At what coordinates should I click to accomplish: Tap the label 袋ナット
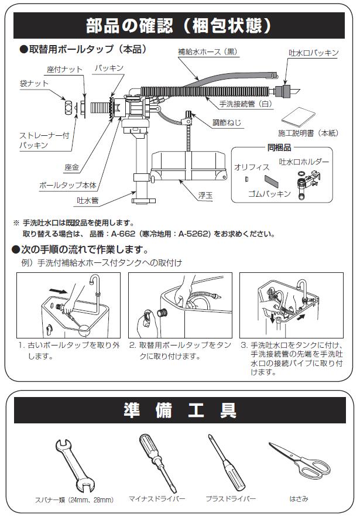[x=34, y=84]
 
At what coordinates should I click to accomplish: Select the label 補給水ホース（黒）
[x=208, y=52]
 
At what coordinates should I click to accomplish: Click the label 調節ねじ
[x=225, y=123]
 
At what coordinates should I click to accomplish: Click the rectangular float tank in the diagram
[x=187, y=166]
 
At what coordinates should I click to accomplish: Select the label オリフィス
[x=252, y=167]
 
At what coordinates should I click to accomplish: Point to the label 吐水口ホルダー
[x=304, y=161]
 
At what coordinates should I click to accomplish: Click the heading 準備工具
[x=180, y=409]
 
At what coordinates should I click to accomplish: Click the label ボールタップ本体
[x=67, y=184]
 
